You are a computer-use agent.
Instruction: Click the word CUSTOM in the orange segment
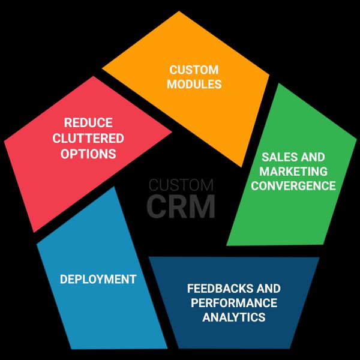pos(193,70)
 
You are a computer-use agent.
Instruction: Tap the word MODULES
pos(194,84)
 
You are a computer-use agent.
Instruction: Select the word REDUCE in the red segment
pos(88,123)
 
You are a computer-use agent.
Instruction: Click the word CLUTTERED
pos(88,139)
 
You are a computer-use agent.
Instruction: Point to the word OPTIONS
pos(88,154)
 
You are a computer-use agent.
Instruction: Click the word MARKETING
pos(293,172)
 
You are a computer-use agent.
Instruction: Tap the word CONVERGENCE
pos(293,186)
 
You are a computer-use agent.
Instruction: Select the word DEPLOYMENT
pos(98,280)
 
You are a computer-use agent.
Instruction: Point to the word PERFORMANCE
pos(234,303)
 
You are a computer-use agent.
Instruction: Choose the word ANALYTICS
pos(234,317)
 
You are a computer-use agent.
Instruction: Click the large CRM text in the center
pos(181,206)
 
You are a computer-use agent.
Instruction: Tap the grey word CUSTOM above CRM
pos(181,185)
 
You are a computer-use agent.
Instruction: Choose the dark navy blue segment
pos(234,336)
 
